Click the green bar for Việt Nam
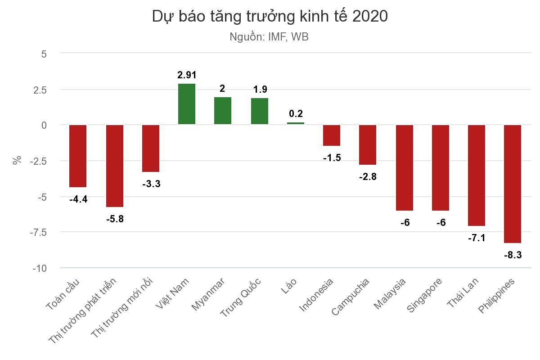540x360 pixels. (x=187, y=104)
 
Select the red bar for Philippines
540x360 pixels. (x=512, y=184)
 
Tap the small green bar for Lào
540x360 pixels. (x=296, y=123)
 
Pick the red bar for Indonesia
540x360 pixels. (x=332, y=135)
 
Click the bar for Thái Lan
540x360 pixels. (x=477, y=175)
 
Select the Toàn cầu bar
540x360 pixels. (x=78, y=156)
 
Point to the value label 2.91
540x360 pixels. (x=187, y=75)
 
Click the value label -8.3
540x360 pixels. (x=513, y=255)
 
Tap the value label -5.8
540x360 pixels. (x=115, y=219)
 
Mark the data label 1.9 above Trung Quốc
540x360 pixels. (x=260, y=90)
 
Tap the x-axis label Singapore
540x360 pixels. (x=424, y=295)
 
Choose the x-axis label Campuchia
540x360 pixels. (x=351, y=297)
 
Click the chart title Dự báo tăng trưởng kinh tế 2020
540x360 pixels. (x=270, y=16)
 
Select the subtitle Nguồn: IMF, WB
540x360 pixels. (x=269, y=37)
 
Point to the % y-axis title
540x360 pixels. (x=17, y=160)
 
